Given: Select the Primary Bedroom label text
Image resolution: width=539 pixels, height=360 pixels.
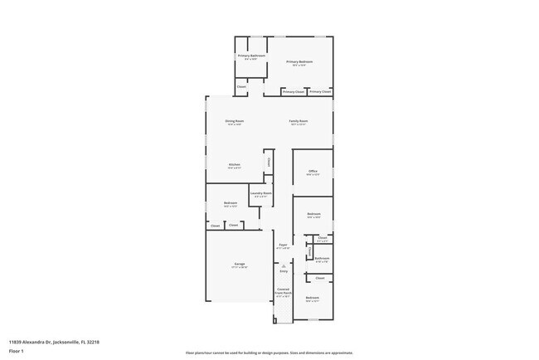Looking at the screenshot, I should (299, 61).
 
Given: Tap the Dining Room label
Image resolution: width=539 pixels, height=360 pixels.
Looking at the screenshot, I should (235, 121).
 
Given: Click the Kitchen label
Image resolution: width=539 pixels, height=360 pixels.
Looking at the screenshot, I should (235, 164).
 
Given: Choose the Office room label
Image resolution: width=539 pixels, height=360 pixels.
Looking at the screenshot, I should (313, 172).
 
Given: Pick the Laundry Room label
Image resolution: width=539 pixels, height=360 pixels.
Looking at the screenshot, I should (262, 193).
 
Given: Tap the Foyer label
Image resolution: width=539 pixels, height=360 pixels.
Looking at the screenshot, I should (283, 245).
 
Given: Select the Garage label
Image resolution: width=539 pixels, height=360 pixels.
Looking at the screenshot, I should (239, 265).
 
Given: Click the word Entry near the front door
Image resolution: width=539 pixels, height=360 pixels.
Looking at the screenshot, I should (284, 270).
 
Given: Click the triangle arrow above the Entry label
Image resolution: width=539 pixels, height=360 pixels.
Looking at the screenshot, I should (284, 265).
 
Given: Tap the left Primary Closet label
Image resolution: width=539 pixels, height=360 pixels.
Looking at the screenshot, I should (294, 91).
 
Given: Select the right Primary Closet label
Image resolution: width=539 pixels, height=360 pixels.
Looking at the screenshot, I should (320, 91).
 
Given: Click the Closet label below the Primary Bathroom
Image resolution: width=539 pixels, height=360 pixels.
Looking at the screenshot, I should (241, 86).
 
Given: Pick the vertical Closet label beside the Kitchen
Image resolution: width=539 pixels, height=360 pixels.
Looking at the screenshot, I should (268, 162).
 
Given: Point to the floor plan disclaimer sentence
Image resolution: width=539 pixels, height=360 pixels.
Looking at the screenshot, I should (269, 353).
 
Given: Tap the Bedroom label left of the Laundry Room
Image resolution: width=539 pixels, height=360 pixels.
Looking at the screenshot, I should (231, 203).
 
